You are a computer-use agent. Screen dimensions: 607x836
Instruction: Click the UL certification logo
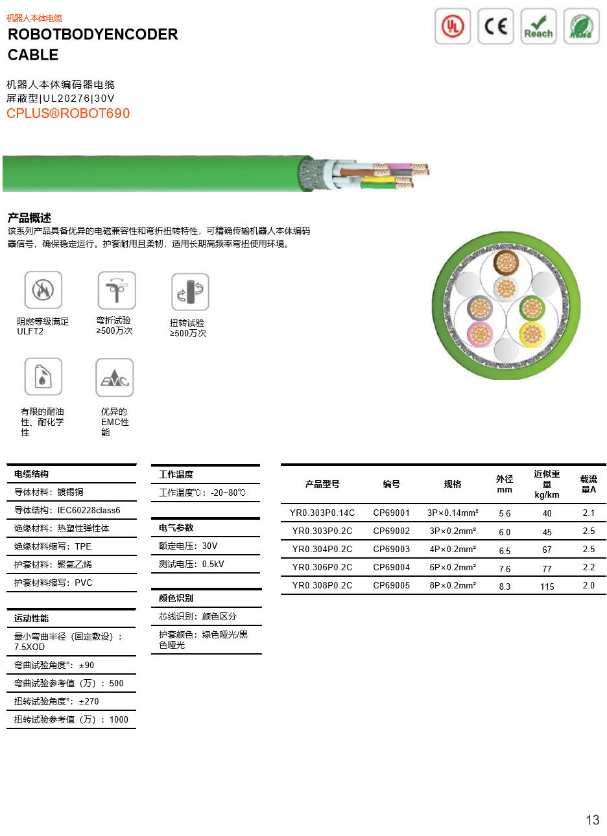click(453, 26)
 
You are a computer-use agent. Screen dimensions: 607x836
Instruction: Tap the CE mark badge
click(495, 26)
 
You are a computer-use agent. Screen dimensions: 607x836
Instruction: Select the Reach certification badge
click(538, 26)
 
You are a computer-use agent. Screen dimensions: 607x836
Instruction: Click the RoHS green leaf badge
click(581, 26)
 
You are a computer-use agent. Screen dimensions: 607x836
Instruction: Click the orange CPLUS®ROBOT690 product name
click(68, 113)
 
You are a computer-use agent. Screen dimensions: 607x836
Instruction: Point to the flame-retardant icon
click(43, 290)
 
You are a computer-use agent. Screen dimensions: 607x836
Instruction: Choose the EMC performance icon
click(114, 377)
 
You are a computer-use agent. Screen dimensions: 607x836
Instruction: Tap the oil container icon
click(43, 376)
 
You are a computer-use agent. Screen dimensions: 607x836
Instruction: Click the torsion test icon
click(190, 292)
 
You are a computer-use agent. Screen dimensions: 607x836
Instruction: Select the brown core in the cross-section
click(506, 262)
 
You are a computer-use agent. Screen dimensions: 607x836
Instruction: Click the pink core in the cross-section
click(480, 334)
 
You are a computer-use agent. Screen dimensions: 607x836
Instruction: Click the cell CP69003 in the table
click(391, 549)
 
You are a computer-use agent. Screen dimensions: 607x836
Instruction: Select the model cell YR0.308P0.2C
click(322, 585)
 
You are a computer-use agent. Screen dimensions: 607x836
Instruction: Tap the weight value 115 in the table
click(547, 586)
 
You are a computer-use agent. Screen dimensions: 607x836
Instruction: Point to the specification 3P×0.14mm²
click(453, 513)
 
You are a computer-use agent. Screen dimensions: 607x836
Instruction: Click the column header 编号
click(391, 484)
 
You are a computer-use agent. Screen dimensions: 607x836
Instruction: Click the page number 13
click(593, 820)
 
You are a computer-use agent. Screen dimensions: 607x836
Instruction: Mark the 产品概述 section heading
click(29, 218)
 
